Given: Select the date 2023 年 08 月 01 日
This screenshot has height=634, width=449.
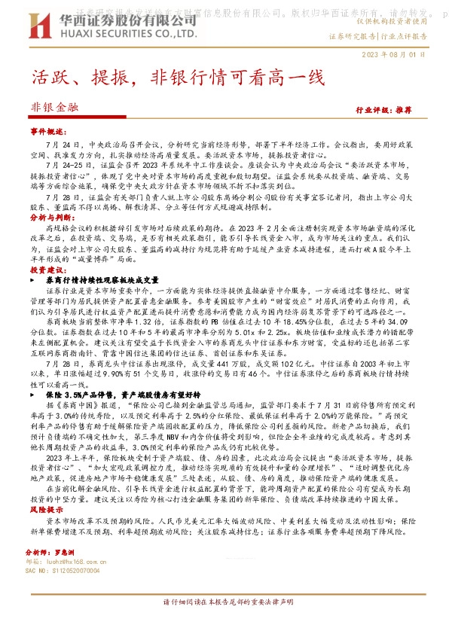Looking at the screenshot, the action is tap(394, 54).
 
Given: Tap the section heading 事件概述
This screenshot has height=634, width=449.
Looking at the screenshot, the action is tap(48, 131).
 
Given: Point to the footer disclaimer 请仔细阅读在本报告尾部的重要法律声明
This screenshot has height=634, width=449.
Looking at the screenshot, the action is tap(224, 623).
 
